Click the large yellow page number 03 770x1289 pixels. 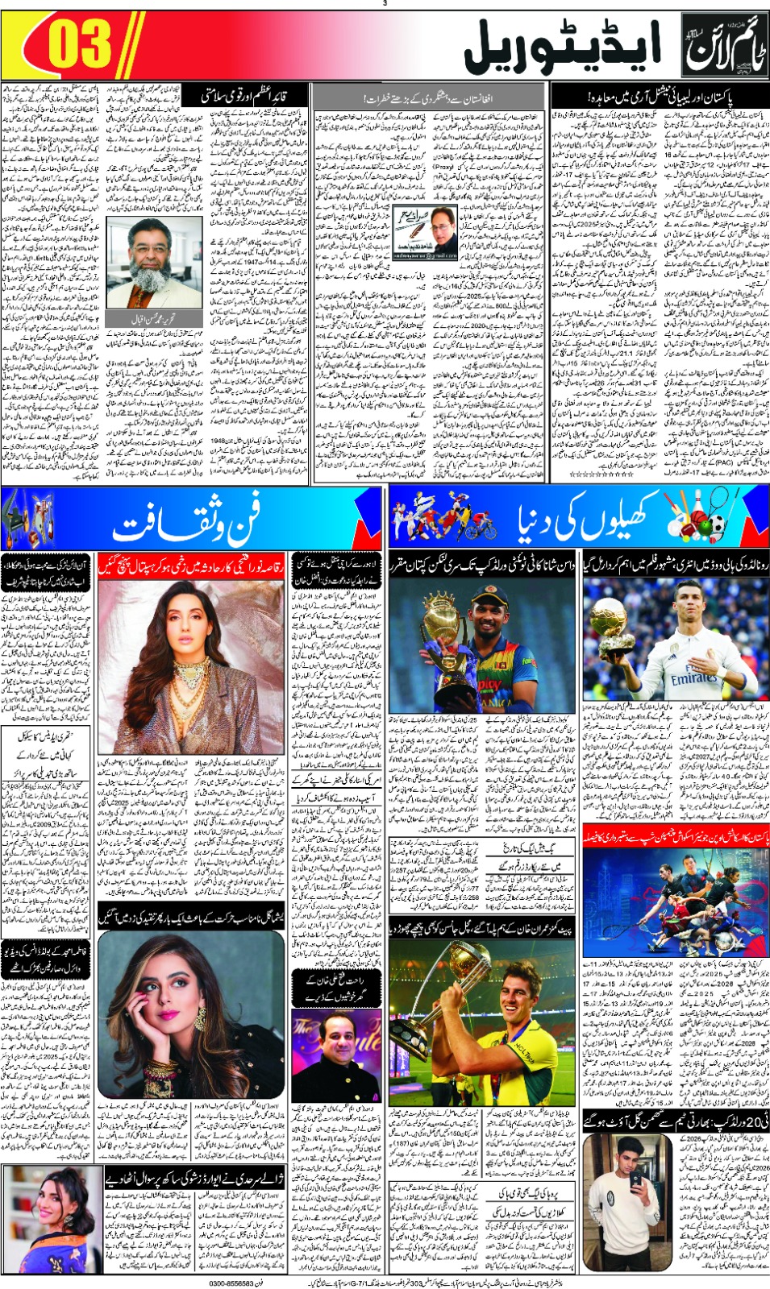78,45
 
